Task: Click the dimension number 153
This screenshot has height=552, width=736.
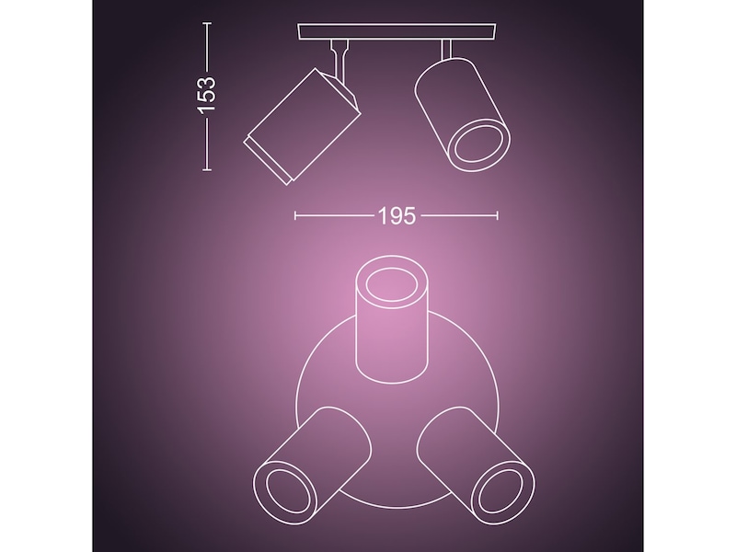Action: pyautogui.click(x=207, y=96)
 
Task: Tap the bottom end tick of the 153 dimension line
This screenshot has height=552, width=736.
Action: pyautogui.click(x=207, y=169)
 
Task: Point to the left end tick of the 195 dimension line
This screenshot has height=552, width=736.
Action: pyautogui.click(x=294, y=216)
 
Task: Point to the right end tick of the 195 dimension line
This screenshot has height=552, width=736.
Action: pyautogui.click(x=498, y=216)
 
